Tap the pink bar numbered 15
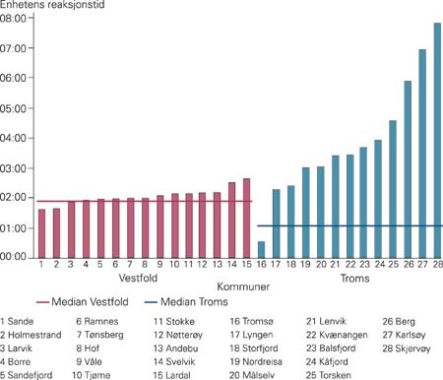pos(246,218)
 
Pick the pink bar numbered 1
pos(41,233)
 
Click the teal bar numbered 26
pos(408,168)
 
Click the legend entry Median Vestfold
pos(75,302)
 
